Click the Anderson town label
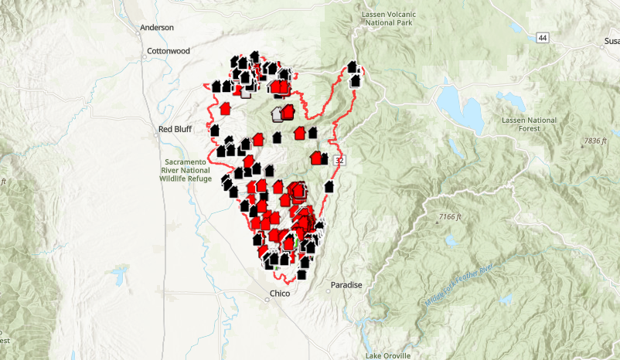157,28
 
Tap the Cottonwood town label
168,52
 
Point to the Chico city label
279,294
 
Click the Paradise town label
346,285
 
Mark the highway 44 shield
545,38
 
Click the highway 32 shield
339,160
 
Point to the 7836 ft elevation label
597,141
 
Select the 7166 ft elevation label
447,217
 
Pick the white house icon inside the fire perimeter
277,115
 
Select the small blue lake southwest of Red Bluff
119,273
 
